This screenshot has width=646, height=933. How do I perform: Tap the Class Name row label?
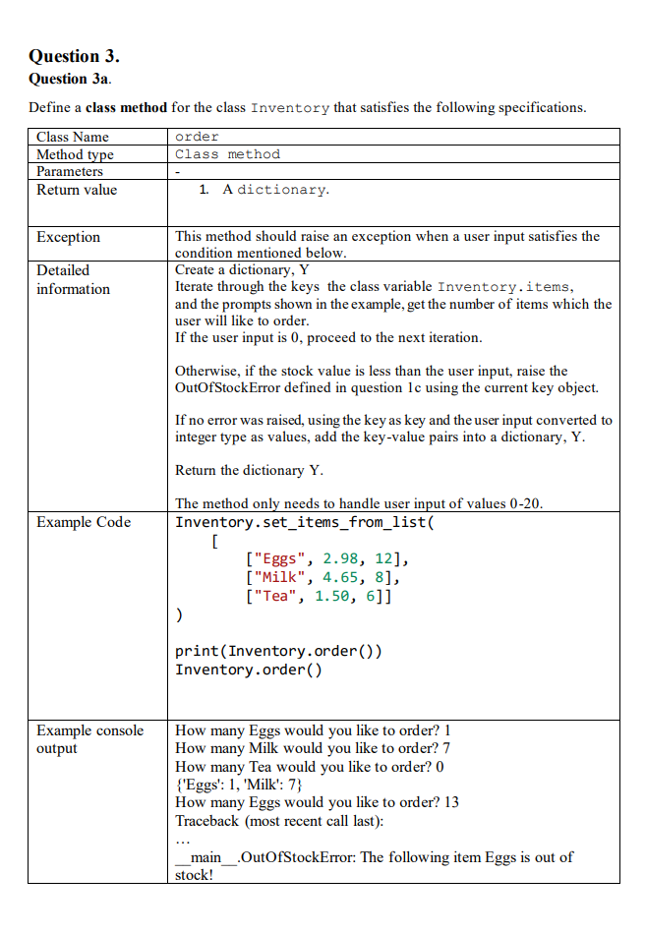pyautogui.click(x=73, y=137)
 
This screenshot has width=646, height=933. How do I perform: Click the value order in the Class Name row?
pyautogui.click(x=197, y=137)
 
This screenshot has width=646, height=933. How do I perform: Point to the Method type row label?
pyautogui.click(x=75, y=154)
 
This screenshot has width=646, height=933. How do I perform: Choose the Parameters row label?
pyautogui.click(x=70, y=171)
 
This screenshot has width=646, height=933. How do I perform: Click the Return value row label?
pyautogui.click(x=77, y=190)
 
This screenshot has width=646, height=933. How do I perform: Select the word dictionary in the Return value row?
pyautogui.click(x=282, y=190)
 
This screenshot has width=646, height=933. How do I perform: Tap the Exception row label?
pyautogui.click(x=69, y=237)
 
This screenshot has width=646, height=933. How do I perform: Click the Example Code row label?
pyautogui.click(x=84, y=522)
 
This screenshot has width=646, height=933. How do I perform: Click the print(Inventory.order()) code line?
pyautogui.click(x=278, y=651)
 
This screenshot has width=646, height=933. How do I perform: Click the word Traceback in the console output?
pyautogui.click(x=206, y=820)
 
